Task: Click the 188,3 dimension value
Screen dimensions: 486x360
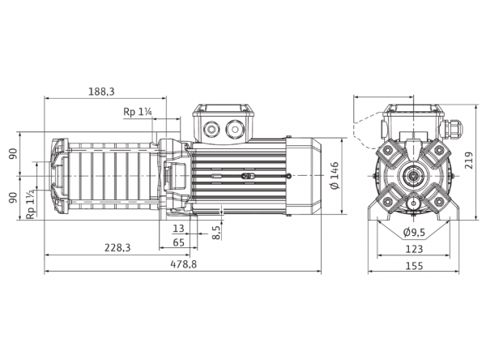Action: [x=102, y=92]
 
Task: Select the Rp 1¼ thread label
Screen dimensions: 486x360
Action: [x=138, y=112]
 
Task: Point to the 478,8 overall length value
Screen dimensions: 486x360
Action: [x=184, y=264]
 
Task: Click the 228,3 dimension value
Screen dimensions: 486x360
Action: [x=117, y=247]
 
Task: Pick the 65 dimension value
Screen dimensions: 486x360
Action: [x=178, y=242]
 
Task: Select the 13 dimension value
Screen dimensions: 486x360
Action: [x=178, y=229]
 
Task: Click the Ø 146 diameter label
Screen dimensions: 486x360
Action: [x=335, y=175]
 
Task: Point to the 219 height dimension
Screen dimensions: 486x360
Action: [x=469, y=160]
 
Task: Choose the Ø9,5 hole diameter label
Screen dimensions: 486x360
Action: [x=414, y=232]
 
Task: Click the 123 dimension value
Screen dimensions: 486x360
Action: [x=414, y=249]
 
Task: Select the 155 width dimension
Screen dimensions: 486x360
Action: [x=414, y=266]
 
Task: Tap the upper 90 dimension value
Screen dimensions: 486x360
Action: [x=13, y=154]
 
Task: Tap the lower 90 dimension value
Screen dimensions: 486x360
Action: [x=13, y=198]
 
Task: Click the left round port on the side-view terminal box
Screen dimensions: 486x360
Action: [x=211, y=128]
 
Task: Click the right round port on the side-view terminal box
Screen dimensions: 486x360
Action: [x=234, y=128]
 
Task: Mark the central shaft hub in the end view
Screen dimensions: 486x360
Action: [x=413, y=176]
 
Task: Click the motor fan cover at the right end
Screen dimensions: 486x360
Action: [x=303, y=176]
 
